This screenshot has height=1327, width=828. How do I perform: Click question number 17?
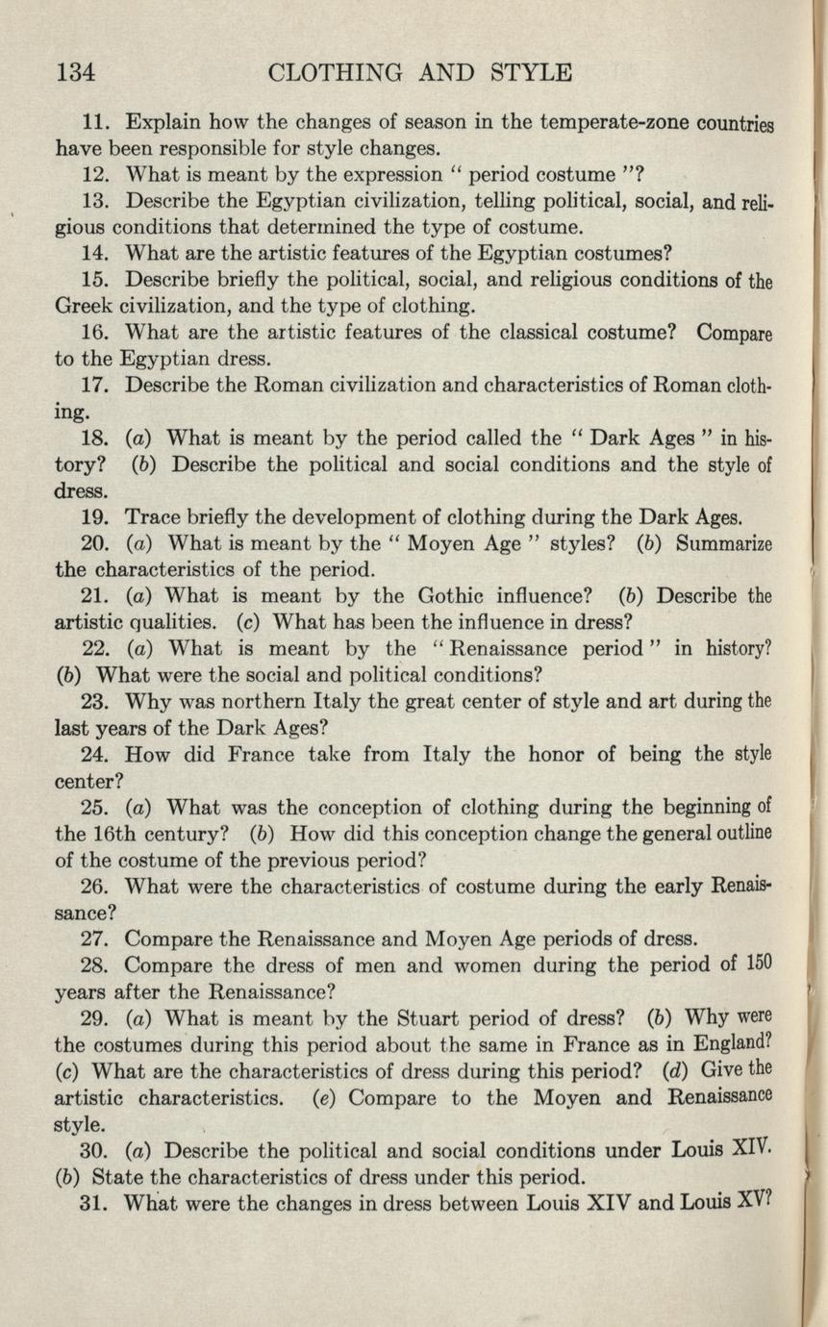pos(96,387)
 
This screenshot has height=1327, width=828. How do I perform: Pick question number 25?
pos(96,807)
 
